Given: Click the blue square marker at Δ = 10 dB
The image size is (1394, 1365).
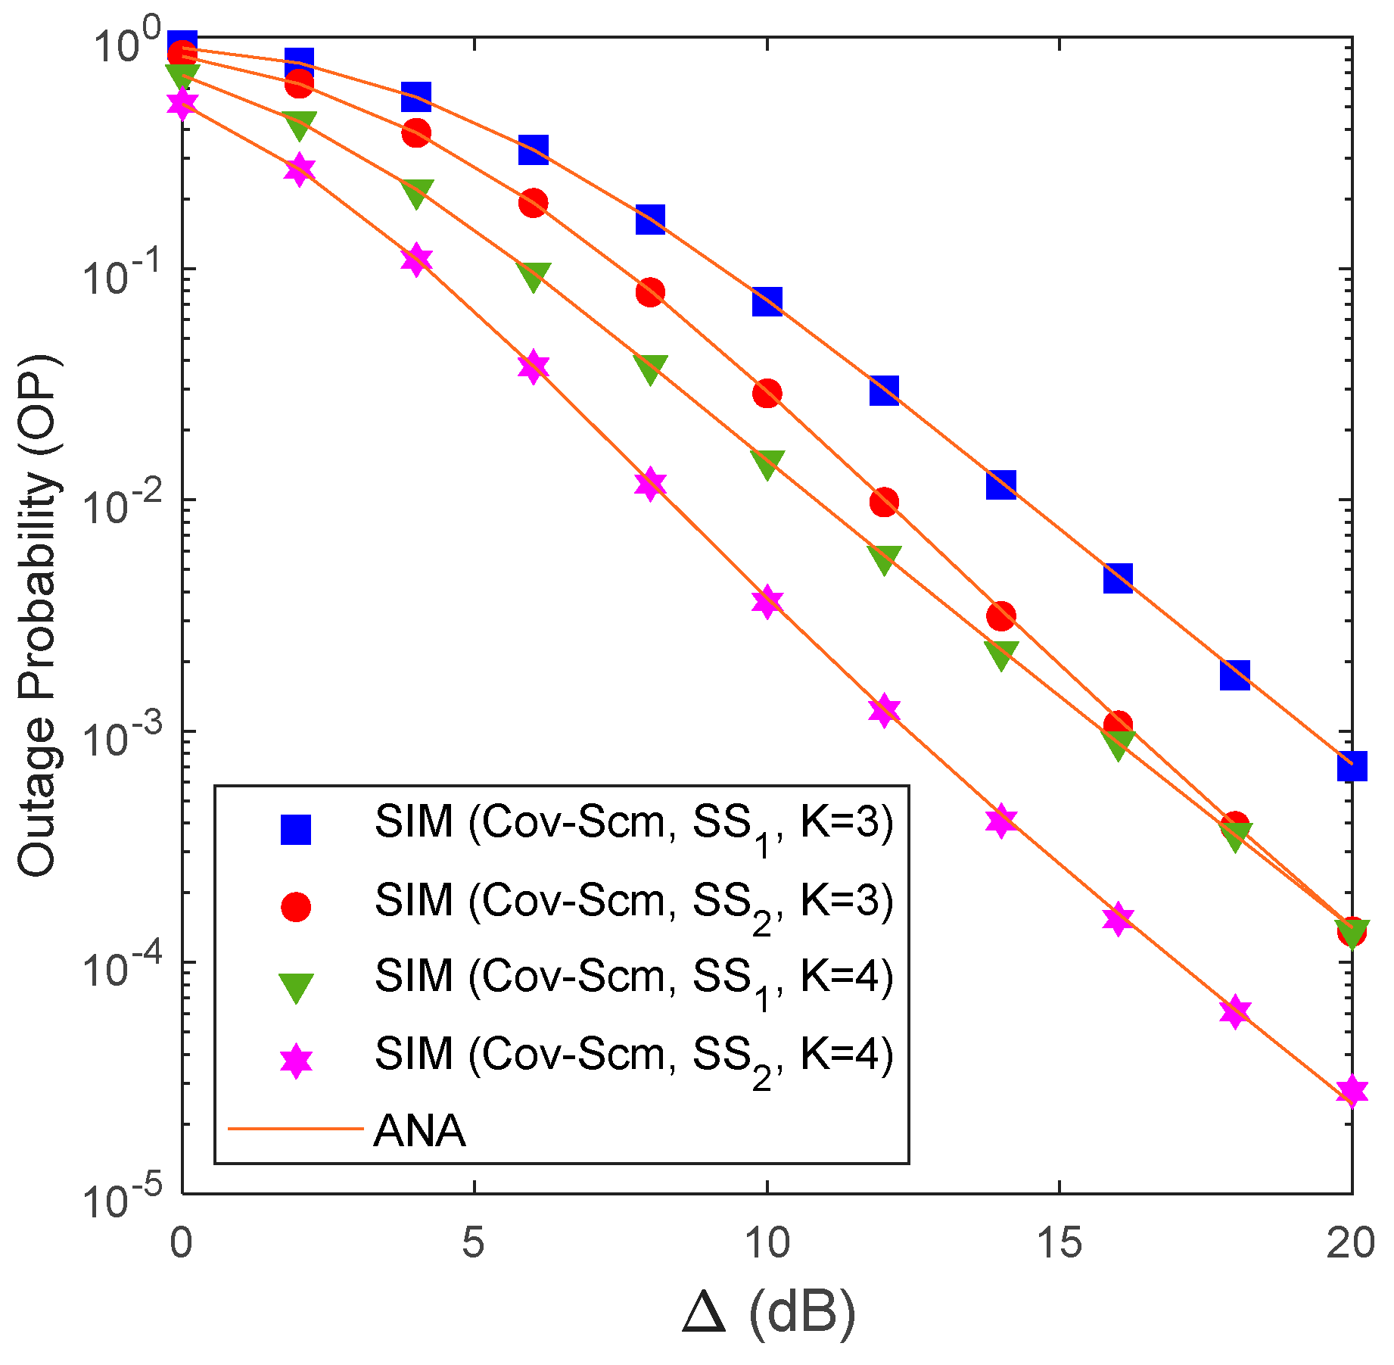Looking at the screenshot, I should pos(767,301).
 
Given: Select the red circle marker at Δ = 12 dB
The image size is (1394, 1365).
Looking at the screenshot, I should pos(884,502).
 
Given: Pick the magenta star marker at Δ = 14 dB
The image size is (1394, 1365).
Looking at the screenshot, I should pos(1000,821).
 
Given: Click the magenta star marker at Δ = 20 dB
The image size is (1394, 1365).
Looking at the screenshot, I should pos(1352,1092).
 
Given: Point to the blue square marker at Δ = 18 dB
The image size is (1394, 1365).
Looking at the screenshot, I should pos(1234,675).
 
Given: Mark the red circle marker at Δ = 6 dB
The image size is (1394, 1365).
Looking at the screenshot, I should pos(533,203).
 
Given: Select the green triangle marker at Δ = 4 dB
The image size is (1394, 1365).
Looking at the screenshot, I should pos(416,192).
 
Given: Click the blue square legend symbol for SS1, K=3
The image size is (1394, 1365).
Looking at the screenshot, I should pos(296,829).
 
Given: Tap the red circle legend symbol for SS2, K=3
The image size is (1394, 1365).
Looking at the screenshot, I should pos(296,906).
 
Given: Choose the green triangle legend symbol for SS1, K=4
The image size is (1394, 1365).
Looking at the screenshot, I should pos(296,986).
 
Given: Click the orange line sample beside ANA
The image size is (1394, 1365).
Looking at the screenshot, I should pos(296,1129).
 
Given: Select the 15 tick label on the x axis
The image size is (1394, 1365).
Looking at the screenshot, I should pos(1059,1244).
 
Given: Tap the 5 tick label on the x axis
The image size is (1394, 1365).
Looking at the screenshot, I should pos(474,1244).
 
